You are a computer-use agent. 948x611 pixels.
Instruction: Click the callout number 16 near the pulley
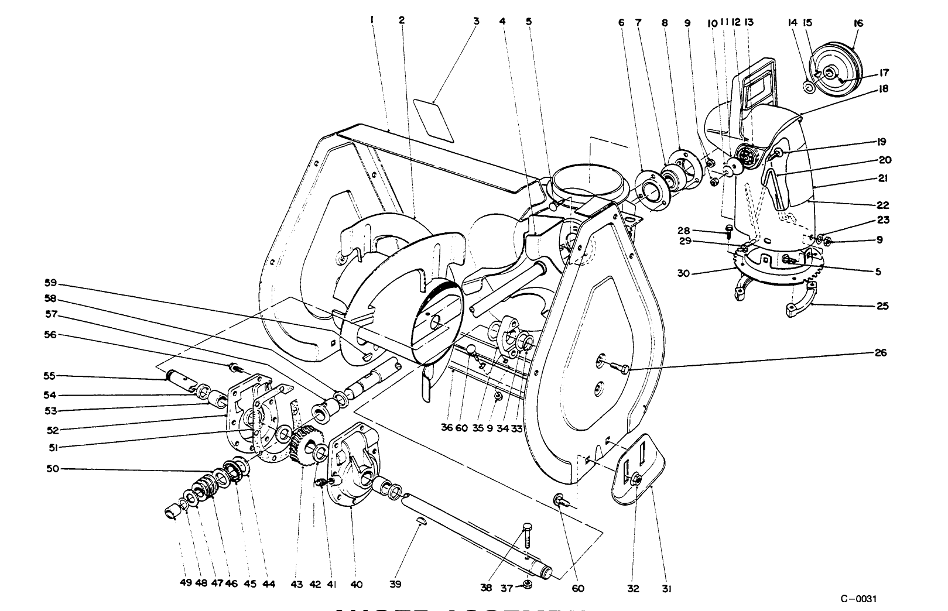[x=859, y=23]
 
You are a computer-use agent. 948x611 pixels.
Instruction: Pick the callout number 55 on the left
[x=49, y=376]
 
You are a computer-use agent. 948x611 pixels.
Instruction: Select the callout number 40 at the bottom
[x=357, y=584]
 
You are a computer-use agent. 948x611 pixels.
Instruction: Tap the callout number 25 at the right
[x=882, y=305]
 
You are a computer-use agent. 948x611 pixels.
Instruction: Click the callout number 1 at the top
[x=372, y=20]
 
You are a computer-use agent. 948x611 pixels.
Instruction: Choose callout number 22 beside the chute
[x=882, y=205]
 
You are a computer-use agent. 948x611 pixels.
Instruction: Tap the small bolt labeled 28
[x=729, y=231]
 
